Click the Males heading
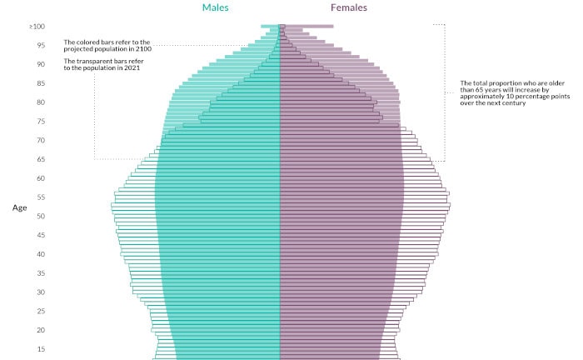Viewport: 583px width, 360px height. [x=216, y=7]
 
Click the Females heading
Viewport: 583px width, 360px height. [x=347, y=7]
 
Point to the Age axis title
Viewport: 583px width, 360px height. [x=21, y=208]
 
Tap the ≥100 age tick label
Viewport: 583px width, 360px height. [x=37, y=27]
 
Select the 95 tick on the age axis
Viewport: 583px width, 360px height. [x=39, y=46]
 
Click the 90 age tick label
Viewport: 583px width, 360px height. [x=39, y=65]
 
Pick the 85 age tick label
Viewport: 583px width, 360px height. [x=39, y=84]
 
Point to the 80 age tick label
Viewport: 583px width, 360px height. [x=39, y=102]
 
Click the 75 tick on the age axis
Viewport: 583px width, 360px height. [x=39, y=122]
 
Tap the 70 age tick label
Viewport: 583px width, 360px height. [x=39, y=141]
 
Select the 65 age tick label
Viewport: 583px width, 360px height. [x=39, y=160]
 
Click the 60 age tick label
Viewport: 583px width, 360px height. [x=39, y=179]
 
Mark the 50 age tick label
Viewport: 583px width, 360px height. [x=39, y=217]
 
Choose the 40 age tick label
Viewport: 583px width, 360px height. [x=39, y=255]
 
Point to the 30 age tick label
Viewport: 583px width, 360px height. [x=39, y=292]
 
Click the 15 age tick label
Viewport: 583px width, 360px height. [x=39, y=350]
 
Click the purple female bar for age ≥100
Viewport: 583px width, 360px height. [x=306, y=27]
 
